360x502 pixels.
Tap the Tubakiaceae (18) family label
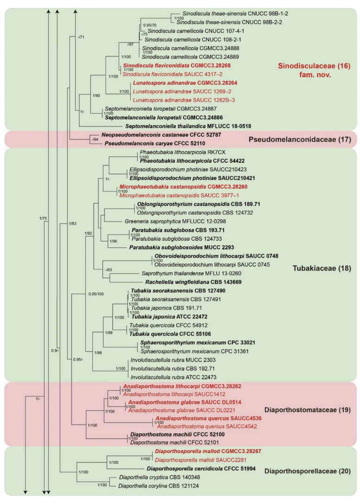[315, 268]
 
